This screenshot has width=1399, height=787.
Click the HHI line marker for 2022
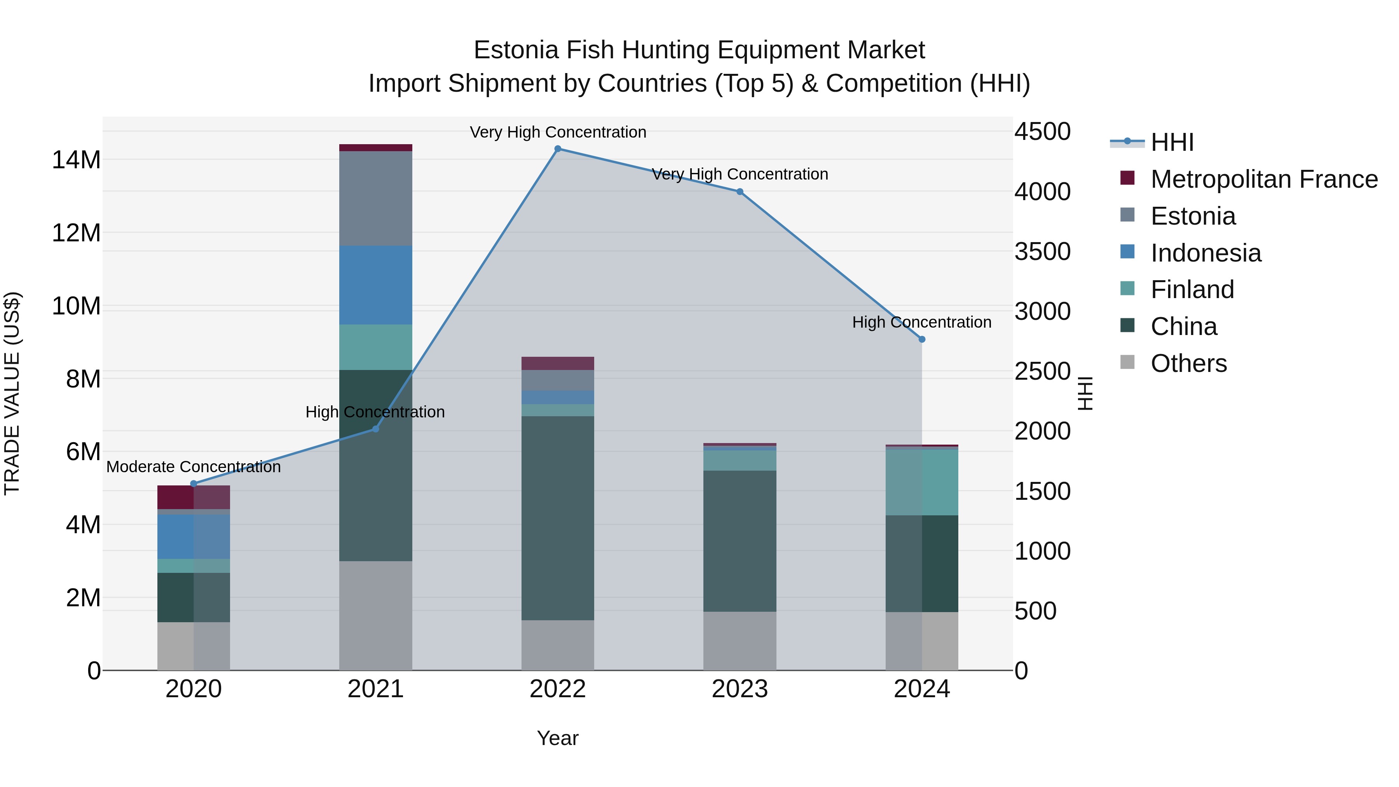[x=557, y=149]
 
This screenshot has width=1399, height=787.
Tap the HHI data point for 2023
[x=739, y=192]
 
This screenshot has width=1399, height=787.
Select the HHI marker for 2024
[x=922, y=339]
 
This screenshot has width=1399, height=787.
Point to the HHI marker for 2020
[x=194, y=483]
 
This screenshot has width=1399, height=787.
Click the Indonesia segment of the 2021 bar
[x=375, y=285]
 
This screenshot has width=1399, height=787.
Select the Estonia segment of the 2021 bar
[x=375, y=198]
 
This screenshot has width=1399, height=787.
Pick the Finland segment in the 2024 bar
[x=922, y=482]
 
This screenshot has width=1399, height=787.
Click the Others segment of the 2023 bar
[x=739, y=641]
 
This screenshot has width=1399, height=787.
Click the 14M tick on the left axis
[x=76, y=160]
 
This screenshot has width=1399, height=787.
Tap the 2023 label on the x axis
[x=739, y=689]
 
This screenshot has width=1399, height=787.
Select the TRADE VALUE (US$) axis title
[x=12, y=393]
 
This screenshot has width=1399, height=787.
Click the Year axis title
[x=557, y=738]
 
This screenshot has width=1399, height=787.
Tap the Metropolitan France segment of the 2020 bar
[x=194, y=497]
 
